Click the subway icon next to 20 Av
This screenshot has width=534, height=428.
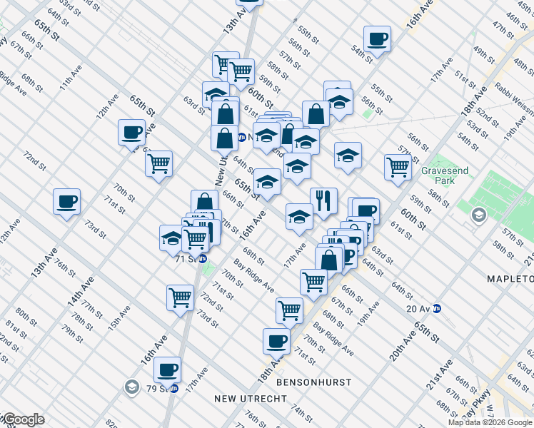pos(437,309)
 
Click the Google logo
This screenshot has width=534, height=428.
pos(23,420)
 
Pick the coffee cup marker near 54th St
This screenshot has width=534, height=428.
pos(377,39)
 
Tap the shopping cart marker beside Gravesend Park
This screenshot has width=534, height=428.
pos(398,166)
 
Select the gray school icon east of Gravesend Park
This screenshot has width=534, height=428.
pos(478,214)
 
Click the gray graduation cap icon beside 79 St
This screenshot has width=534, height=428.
pos(131,387)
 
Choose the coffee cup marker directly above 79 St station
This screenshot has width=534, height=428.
pos(167,370)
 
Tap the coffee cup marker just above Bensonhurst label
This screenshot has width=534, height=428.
pos(276,341)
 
